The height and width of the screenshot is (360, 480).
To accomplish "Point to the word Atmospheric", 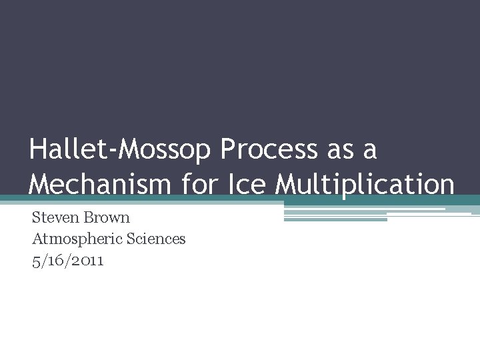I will [73, 239].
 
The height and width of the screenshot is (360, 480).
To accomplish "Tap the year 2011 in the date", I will [88, 261].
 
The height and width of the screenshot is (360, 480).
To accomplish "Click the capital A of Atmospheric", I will [37, 239].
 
